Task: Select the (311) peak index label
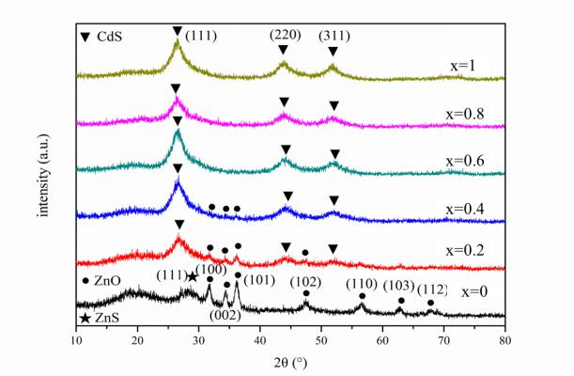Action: point(334,35)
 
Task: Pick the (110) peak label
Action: point(362,284)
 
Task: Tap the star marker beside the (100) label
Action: point(192,277)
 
